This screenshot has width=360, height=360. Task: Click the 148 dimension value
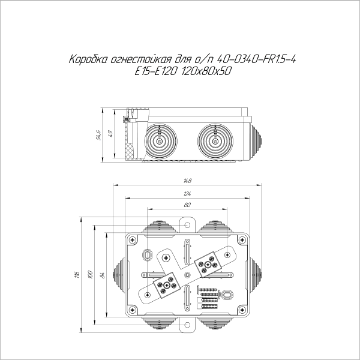coord(187,181)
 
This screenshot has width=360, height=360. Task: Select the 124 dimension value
coord(187,193)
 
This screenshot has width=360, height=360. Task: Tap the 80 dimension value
coord(187,205)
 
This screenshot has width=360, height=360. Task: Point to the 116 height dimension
coord(77,274)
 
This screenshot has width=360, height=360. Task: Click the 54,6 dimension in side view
coord(98,136)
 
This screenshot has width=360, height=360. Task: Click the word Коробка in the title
coord(89,60)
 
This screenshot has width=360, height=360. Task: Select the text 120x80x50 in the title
coord(207,71)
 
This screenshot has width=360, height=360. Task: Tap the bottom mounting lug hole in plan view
coord(187,325)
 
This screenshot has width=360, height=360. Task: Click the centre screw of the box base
coord(187,275)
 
